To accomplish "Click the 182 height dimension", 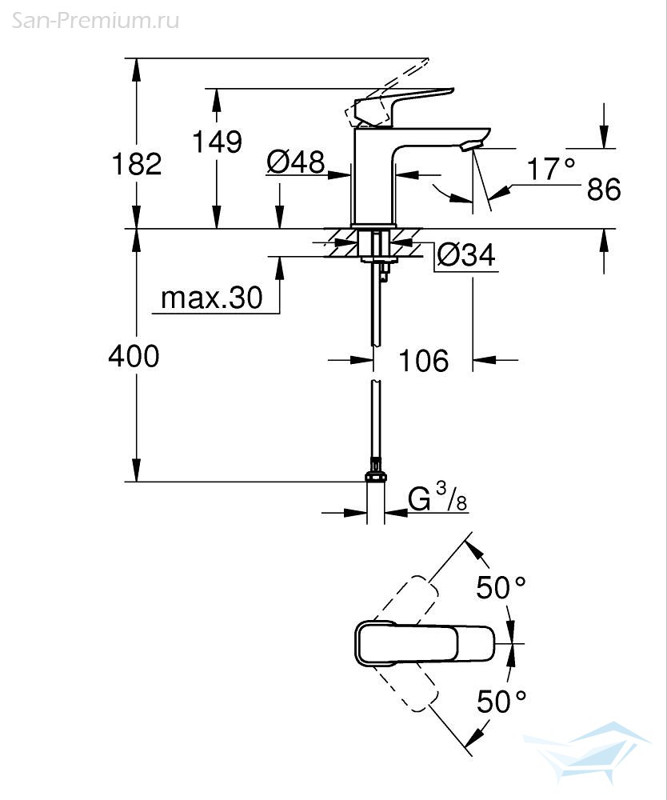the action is (136, 164).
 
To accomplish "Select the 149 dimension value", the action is (218, 142).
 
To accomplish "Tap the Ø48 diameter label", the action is (296, 162).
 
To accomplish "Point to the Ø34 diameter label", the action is (466, 254).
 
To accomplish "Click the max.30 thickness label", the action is (212, 298).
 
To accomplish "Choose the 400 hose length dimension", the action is (134, 356).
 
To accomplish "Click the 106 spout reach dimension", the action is (424, 361).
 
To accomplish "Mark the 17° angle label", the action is (551, 169).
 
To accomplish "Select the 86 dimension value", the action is (604, 190).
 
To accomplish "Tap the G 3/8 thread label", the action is (437, 497).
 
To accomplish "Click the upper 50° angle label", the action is (501, 587).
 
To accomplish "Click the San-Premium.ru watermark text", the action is (95, 21).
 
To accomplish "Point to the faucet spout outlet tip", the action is (472, 146).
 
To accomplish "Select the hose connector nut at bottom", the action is (376, 477).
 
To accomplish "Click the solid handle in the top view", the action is (424, 643).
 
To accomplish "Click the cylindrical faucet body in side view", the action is (373, 176).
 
